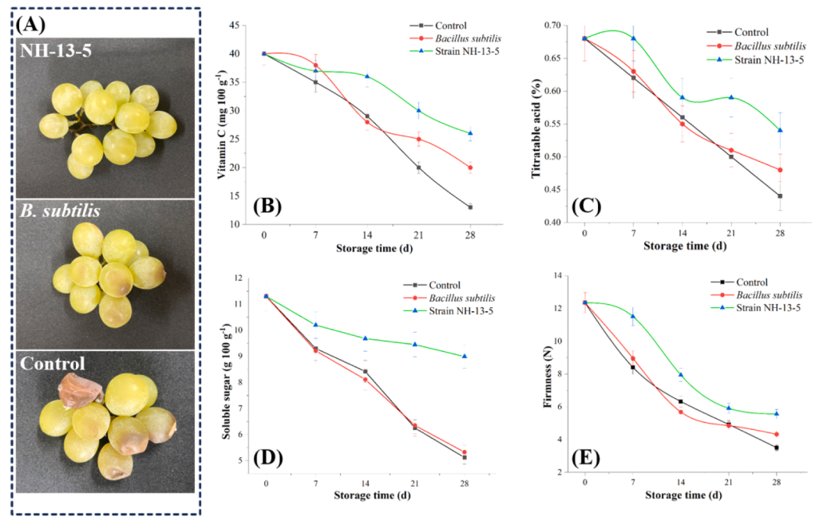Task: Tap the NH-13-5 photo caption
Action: pyautogui.click(x=55, y=52)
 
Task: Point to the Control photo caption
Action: pyautogui.click(x=53, y=365)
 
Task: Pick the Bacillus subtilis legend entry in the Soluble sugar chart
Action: pyautogui.click(x=463, y=297)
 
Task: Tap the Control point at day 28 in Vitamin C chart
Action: pyautogui.click(x=469, y=207)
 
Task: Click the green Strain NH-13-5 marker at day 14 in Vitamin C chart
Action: pyautogui.click(x=366, y=77)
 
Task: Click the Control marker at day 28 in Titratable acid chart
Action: pyautogui.click(x=779, y=196)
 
